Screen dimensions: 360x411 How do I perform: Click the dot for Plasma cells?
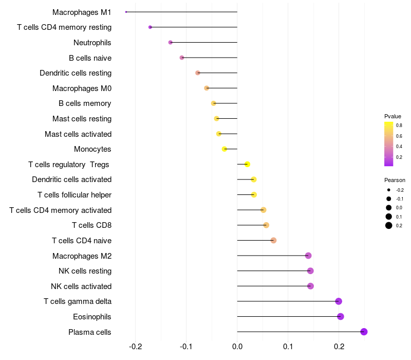tap(364, 332)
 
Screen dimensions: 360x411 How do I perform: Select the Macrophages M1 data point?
tap(126, 12)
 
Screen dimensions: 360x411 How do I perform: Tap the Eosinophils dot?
tap(340, 316)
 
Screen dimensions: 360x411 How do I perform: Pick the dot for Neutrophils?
tap(171, 42)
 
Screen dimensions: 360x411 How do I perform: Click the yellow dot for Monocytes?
tap(225, 149)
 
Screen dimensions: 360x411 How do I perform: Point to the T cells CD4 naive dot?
tap(273, 240)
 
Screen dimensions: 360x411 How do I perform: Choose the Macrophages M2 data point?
tap(308, 256)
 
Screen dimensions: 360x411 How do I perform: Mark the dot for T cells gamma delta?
tap(338, 301)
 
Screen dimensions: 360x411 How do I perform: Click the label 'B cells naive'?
tap(90, 58)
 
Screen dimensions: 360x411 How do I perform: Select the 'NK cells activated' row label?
tap(81, 286)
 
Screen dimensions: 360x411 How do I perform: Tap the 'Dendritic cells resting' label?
tap(76, 73)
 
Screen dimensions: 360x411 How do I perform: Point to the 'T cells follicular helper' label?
tap(74, 195)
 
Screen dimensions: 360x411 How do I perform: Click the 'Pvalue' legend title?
tap(393, 116)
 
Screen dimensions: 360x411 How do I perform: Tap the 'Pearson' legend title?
tap(395, 181)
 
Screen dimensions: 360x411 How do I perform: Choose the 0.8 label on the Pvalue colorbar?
tap(399, 125)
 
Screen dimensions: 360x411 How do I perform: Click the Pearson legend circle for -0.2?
tap(389, 190)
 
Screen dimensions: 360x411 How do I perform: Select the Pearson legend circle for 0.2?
tap(389, 225)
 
